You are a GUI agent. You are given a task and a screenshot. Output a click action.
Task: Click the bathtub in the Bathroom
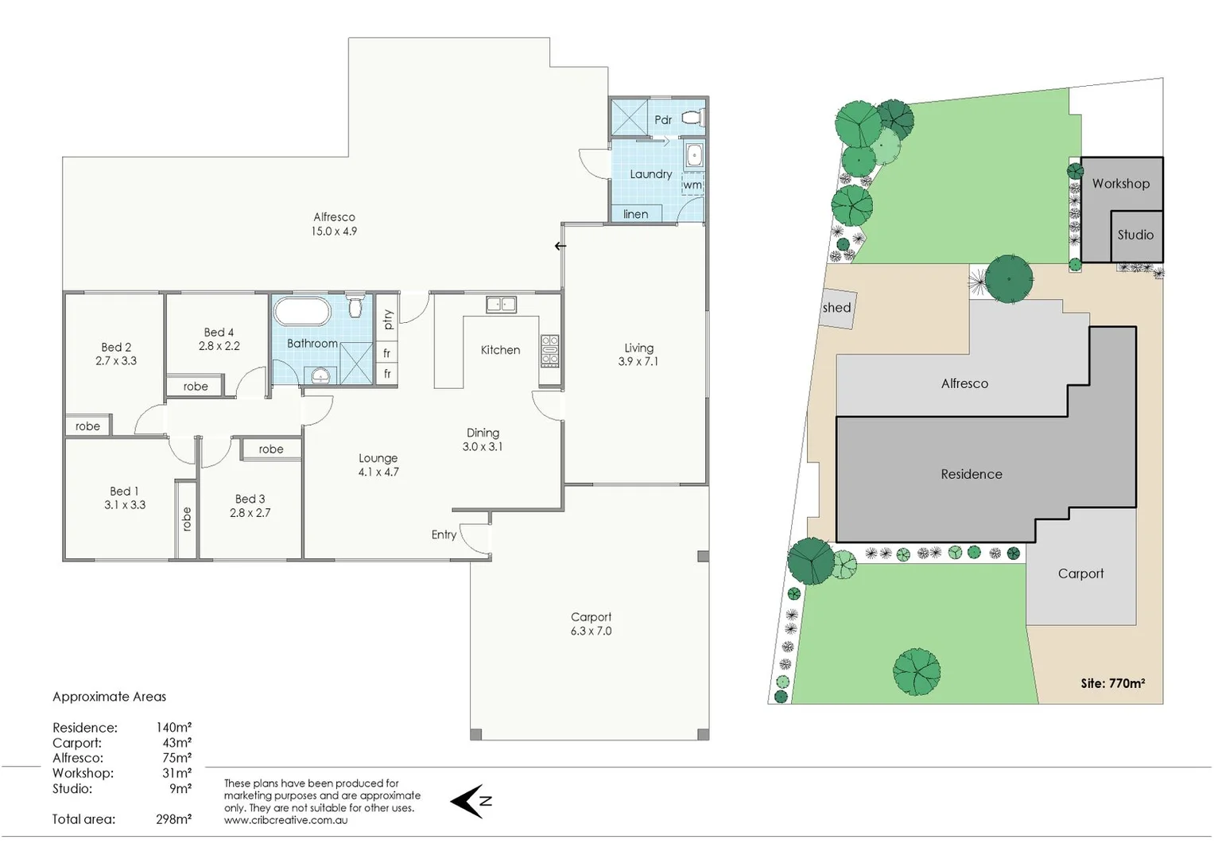click(x=302, y=311)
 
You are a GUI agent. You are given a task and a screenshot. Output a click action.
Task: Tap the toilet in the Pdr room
click(x=692, y=119)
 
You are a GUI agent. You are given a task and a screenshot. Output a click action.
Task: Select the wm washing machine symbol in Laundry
click(x=692, y=185)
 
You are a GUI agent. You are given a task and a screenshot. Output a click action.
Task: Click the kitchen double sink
click(x=501, y=304)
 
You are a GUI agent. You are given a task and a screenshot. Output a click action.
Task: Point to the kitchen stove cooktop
click(x=549, y=350)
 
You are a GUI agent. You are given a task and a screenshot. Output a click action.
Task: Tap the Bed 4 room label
click(x=219, y=332)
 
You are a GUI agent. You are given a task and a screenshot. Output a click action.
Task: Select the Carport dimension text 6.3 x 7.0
click(x=591, y=631)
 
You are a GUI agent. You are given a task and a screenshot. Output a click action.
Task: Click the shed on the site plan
click(x=837, y=309)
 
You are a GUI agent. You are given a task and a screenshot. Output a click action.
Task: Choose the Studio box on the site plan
click(x=1136, y=235)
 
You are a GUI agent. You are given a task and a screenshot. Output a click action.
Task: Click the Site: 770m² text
click(x=1112, y=683)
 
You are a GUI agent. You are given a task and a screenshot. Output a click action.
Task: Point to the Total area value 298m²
click(x=173, y=819)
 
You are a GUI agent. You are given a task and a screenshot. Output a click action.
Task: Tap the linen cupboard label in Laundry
click(x=635, y=214)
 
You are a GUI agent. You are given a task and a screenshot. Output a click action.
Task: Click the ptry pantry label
click(x=388, y=320)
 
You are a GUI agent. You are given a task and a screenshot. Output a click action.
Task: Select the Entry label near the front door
click(x=444, y=534)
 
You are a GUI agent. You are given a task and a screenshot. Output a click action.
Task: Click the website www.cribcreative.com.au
click(x=285, y=820)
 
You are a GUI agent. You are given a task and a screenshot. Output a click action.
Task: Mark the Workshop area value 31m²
click(x=176, y=773)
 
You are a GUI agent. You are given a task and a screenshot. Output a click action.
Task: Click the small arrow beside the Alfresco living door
click(x=560, y=246)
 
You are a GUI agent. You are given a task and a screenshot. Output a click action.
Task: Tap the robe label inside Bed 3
click(x=271, y=449)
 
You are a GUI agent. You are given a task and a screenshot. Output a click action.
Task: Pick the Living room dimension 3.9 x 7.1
click(x=638, y=361)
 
